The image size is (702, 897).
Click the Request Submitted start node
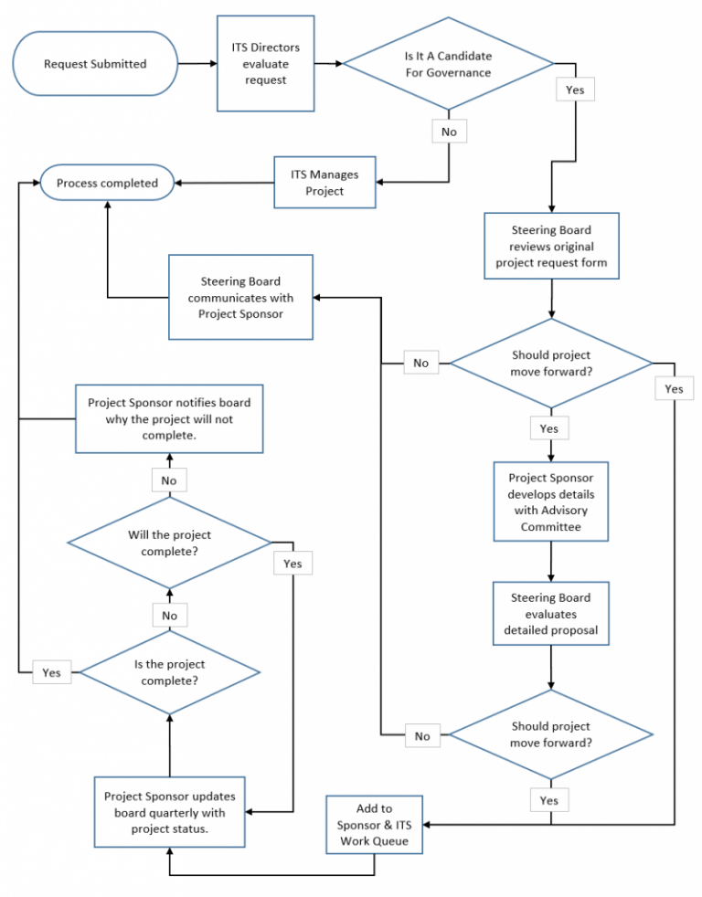pos(95,64)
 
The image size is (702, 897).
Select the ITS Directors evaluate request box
pos(265,63)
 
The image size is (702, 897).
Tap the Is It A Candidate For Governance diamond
pos(447,64)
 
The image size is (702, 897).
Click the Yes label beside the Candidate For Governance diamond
pos(575,90)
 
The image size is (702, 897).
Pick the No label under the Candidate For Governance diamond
pos(449,132)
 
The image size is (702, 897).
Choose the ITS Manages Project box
pos(324,183)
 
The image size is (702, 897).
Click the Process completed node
pos(107,184)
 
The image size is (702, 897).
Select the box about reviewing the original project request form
pos(551,247)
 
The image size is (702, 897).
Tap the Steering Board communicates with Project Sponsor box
pos(240,297)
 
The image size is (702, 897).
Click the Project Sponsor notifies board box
pos(169,418)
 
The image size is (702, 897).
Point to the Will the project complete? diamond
pos(169,543)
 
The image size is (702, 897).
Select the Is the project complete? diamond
pos(169,672)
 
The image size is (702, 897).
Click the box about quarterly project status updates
pos(169,812)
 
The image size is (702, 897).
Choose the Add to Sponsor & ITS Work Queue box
pos(374,824)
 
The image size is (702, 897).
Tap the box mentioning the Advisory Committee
pos(551,501)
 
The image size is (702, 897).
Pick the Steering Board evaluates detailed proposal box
pos(551,613)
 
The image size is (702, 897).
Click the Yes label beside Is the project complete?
pos(51,672)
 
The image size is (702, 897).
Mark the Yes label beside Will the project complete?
pos(292,564)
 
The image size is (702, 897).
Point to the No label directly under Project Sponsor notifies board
pos(169,480)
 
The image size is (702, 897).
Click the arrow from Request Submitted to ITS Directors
pos(197,64)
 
